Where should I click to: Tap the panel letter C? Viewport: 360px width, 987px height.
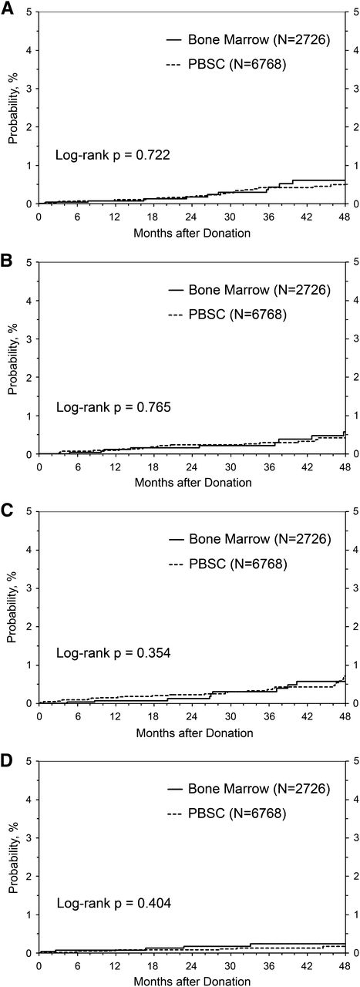point(7,506)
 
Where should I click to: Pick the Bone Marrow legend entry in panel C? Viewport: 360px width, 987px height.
point(248,538)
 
